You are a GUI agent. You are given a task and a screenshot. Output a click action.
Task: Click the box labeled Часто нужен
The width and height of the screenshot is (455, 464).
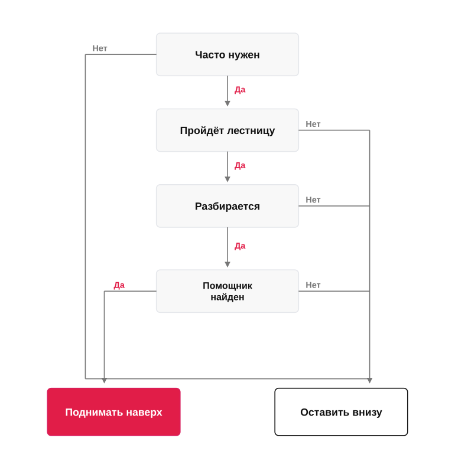point(227,54)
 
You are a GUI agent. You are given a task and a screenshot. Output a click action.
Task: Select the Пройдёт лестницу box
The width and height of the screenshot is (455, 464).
point(227,130)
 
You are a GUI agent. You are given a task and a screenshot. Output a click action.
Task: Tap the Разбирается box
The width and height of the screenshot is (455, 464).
point(227,206)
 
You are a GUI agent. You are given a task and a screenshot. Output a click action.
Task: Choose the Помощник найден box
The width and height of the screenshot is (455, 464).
point(227,291)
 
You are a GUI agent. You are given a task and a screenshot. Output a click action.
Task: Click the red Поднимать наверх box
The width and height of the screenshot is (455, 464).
point(113,412)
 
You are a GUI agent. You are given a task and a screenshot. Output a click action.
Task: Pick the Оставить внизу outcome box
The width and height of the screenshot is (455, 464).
point(342,412)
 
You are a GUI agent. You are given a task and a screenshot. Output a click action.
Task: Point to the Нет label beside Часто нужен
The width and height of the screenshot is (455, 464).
point(100,48)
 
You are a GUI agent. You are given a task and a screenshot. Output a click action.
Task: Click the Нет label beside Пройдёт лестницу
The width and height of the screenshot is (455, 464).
point(313,124)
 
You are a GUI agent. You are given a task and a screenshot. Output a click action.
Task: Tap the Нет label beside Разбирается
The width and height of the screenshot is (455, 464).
point(313,200)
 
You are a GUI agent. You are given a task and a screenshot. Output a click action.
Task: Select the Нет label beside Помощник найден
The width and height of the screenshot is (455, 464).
point(313,285)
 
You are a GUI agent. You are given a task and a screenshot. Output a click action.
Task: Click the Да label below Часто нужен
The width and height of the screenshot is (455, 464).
point(240,90)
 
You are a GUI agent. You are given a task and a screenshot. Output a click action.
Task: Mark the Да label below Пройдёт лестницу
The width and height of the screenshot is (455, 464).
point(240,165)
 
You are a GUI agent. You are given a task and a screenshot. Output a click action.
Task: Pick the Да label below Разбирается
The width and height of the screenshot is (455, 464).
point(240,246)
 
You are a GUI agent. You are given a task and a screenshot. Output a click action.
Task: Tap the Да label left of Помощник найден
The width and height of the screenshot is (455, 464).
point(119,285)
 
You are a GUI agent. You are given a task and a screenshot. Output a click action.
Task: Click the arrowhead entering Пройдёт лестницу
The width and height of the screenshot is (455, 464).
point(227,103)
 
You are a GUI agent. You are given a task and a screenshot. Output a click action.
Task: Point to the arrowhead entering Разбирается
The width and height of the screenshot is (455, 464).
point(227,179)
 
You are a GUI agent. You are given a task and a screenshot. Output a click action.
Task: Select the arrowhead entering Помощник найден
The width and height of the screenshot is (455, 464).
point(227,264)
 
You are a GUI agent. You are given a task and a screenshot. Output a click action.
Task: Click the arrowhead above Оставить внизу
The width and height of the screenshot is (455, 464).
point(370,381)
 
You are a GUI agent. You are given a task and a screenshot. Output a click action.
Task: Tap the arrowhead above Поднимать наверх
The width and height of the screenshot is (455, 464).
point(104,381)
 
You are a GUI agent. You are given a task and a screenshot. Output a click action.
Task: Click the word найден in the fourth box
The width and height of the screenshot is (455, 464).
point(227,297)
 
